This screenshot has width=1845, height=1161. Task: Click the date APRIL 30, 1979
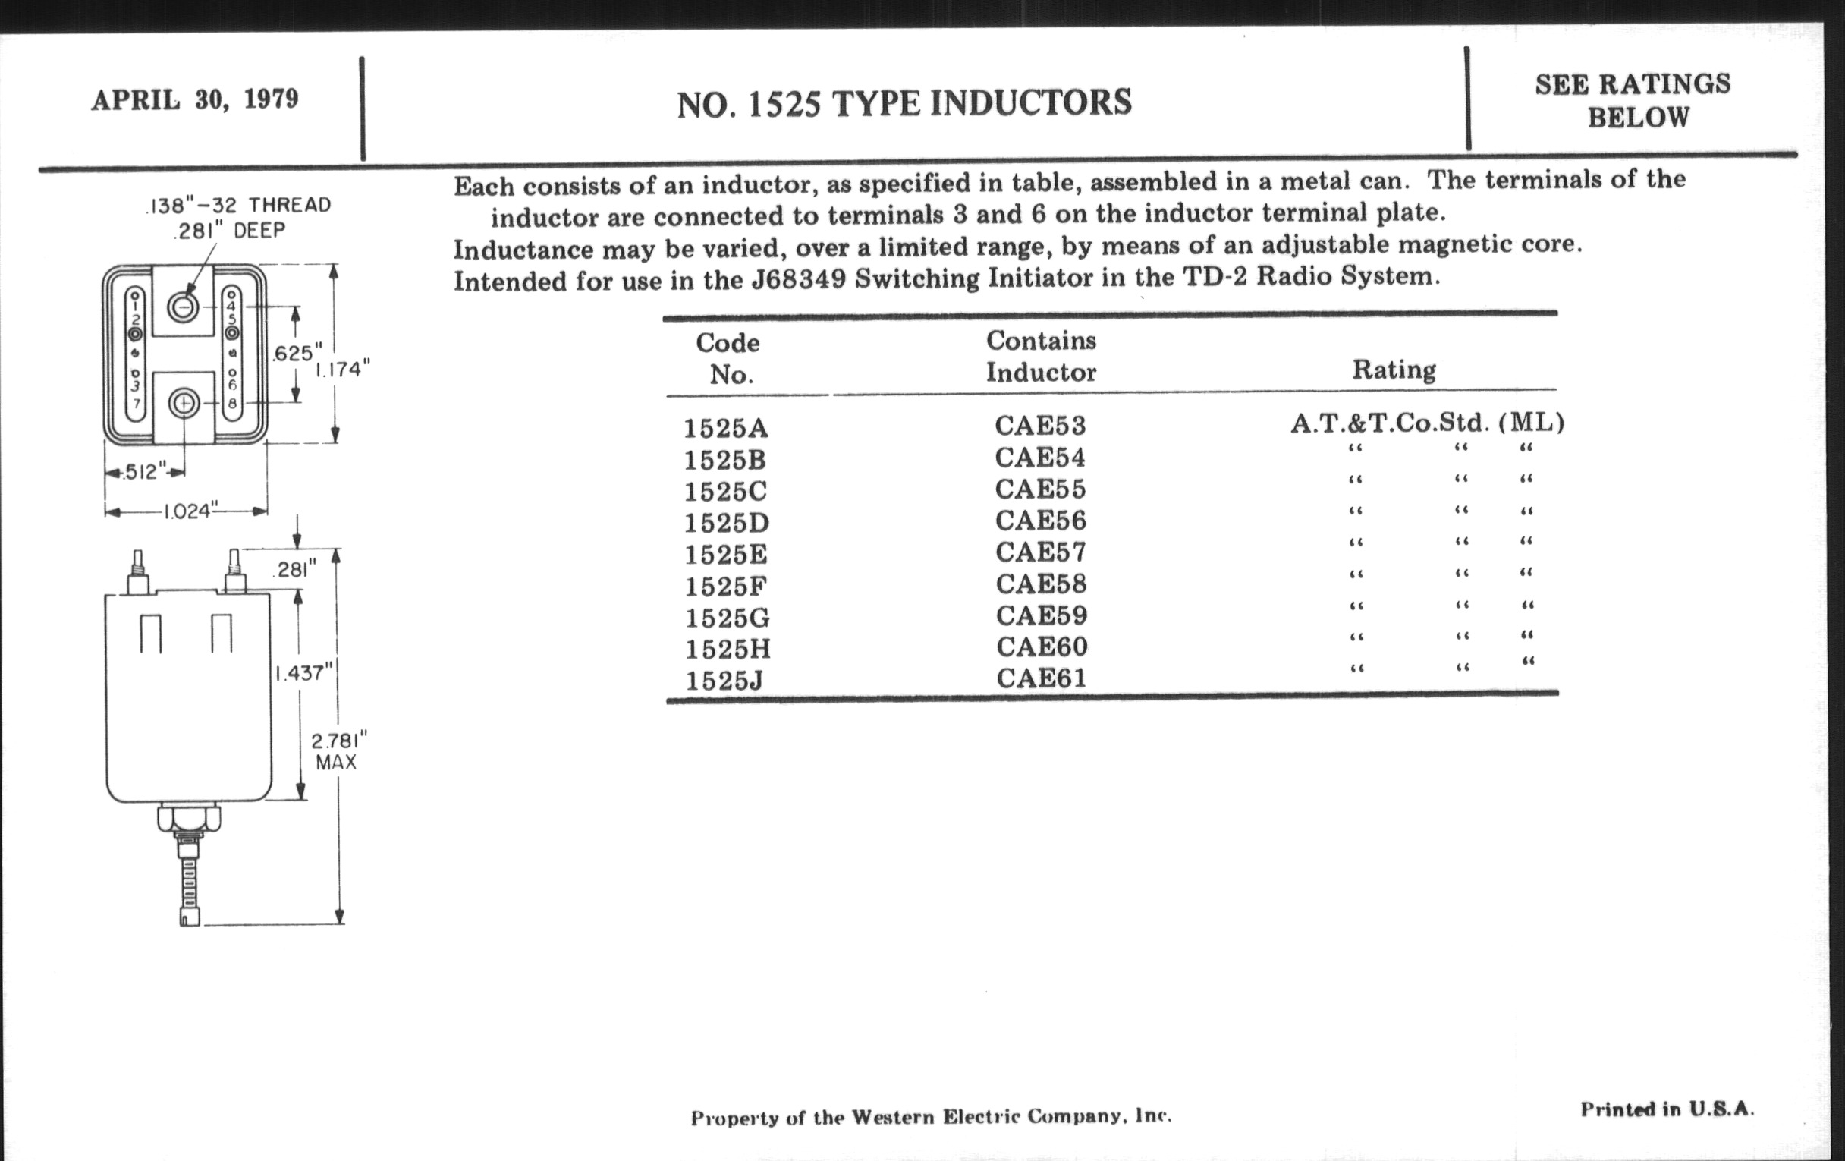[x=195, y=99]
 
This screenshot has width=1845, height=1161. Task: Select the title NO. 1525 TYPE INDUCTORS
[x=904, y=103]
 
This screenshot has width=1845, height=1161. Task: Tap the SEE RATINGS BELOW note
[x=1633, y=100]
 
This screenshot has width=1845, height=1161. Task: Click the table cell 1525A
[x=725, y=428]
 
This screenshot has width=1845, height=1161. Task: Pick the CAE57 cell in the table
[x=1041, y=552]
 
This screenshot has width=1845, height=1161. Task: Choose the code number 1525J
[x=724, y=681]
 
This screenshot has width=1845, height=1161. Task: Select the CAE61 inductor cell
[x=1042, y=678]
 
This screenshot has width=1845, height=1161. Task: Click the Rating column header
[x=1394, y=370]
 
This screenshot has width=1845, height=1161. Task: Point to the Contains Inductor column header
[x=1041, y=357]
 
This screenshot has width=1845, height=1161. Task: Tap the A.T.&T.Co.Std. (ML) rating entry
[x=1427, y=422]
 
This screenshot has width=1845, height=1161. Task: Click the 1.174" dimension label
[x=342, y=370]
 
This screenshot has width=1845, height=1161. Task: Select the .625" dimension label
[x=294, y=354]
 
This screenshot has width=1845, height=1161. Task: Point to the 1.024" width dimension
[x=187, y=511]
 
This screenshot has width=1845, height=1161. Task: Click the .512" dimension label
[x=143, y=472]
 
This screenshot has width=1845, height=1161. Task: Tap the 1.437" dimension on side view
[x=304, y=673]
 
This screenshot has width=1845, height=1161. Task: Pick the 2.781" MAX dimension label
[x=338, y=751]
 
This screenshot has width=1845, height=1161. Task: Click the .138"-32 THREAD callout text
[x=237, y=206]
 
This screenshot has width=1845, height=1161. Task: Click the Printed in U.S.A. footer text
[x=1667, y=1109]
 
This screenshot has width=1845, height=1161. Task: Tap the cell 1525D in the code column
[x=726, y=523]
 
